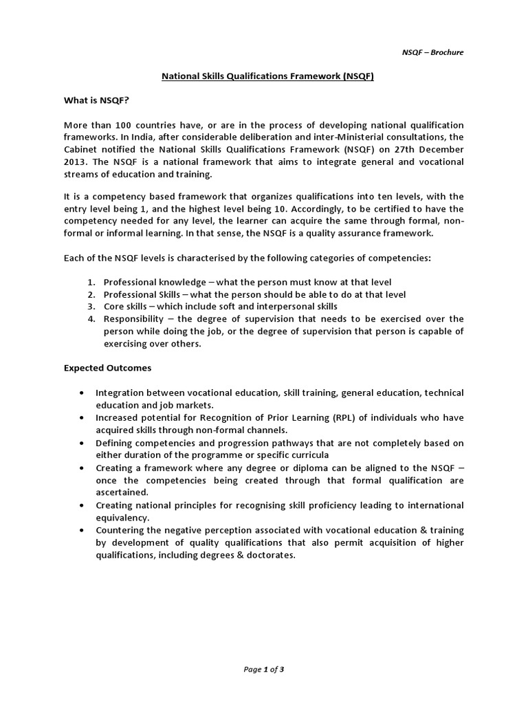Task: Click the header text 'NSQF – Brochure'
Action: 432,53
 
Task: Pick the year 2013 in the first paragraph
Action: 75,162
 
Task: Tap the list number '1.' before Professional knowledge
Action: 91,283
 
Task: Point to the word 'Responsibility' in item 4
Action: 133,319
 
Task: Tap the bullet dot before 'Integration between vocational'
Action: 82,393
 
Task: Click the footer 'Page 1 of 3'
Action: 264,670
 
